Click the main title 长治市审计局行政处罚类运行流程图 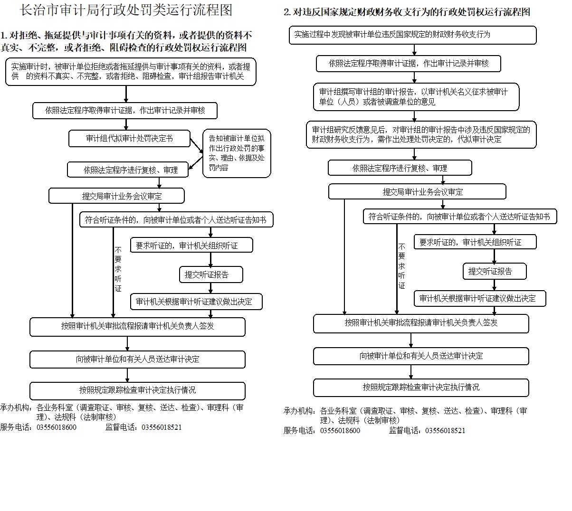[x=126, y=10]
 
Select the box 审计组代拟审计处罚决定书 [x=129, y=138]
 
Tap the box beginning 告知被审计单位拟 [x=237, y=153]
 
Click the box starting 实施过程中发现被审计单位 [x=412, y=35]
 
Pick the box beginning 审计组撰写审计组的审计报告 [x=416, y=96]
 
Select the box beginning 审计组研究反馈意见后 [x=421, y=135]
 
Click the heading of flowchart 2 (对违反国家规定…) [x=407, y=12]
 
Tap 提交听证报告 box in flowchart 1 [x=211, y=274]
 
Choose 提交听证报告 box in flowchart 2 [x=495, y=271]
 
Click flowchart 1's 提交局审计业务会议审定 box [x=116, y=196]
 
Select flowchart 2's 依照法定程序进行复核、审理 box [x=400, y=168]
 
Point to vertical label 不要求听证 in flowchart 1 [x=118, y=269]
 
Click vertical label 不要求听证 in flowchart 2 [x=401, y=266]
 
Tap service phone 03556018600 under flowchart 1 [x=57, y=427]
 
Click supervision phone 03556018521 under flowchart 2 [x=445, y=431]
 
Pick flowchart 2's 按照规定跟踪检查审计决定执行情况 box [x=421, y=388]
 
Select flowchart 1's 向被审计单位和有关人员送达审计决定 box [x=137, y=360]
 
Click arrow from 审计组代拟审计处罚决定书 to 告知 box [x=197, y=146]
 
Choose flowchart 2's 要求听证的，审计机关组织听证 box [x=475, y=242]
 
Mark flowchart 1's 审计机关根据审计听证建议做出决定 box [x=196, y=302]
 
